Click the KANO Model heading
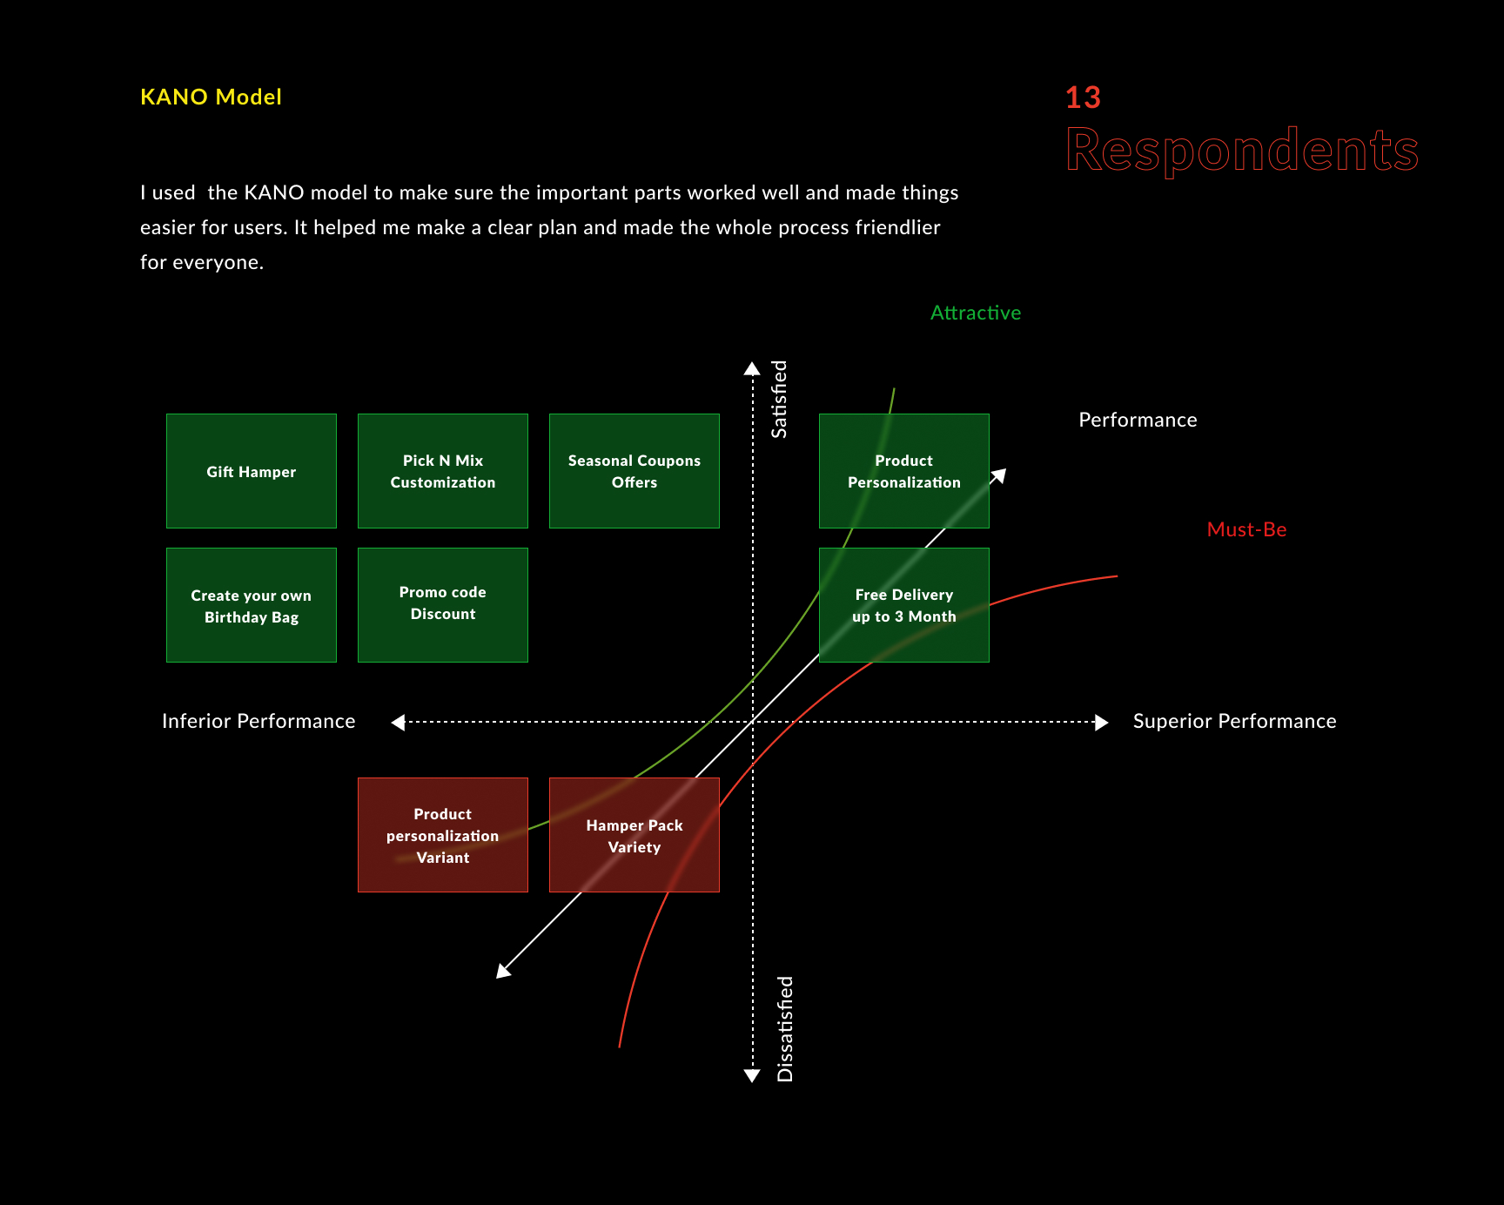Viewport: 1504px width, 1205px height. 211,97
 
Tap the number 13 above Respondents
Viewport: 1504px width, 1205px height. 1083,98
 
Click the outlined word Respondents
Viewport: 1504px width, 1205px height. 1242,150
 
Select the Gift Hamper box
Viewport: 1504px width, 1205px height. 252,471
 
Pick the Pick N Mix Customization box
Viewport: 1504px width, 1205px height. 443,471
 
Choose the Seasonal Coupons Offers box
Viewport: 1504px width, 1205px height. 634,471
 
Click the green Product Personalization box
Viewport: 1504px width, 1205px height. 903,471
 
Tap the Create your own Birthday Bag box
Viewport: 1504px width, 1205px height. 252,605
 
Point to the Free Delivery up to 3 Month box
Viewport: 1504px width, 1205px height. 903,605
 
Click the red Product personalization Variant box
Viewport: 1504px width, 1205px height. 443,835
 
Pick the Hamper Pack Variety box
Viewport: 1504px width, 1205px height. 634,835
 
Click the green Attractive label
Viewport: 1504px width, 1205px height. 975,313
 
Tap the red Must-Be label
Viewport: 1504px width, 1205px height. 1246,529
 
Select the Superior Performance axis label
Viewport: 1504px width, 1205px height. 1234,721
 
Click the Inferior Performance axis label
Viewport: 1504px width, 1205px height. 258,721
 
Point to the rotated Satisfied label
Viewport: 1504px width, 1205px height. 779,399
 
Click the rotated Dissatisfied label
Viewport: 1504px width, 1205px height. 785,1028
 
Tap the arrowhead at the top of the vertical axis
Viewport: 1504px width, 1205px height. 752,368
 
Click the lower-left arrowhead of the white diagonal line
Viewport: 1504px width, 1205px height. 503,971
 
